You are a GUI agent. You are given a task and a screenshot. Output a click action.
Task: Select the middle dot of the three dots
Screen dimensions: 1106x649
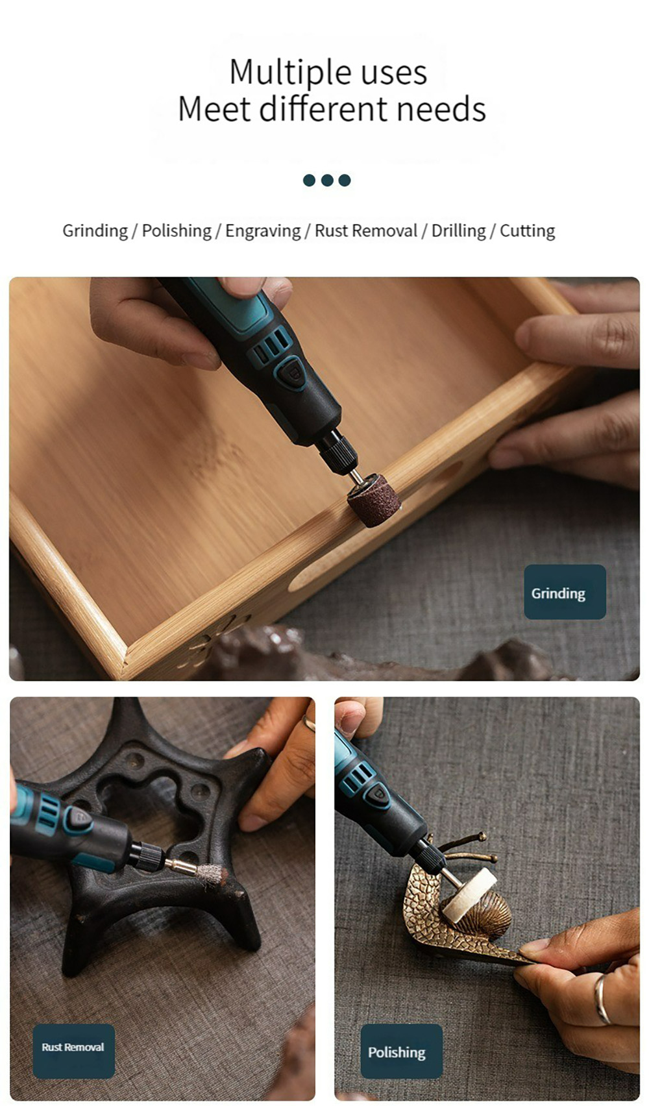pyautogui.click(x=327, y=180)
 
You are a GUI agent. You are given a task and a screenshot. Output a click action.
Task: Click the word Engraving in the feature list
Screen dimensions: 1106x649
pyautogui.click(x=263, y=231)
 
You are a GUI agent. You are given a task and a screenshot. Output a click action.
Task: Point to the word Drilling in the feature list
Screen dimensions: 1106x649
pyautogui.click(x=458, y=231)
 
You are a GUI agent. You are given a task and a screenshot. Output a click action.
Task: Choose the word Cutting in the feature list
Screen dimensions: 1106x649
pyautogui.click(x=527, y=231)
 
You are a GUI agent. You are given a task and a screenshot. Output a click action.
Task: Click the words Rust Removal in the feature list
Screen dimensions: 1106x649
pyautogui.click(x=366, y=231)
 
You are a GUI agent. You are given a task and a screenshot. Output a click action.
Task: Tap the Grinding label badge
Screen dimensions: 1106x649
pyautogui.click(x=565, y=592)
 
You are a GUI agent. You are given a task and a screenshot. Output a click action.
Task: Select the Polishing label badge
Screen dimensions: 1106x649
pyautogui.click(x=401, y=1051)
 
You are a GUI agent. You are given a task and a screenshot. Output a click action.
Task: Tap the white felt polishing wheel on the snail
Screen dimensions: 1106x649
pyautogui.click(x=469, y=896)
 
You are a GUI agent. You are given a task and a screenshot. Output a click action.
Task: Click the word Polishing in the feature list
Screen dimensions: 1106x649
pyautogui.click(x=177, y=231)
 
